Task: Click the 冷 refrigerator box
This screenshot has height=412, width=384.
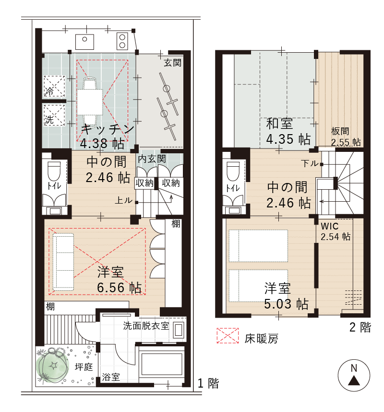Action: tap(54, 86)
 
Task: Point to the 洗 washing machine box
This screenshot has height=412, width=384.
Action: tap(54, 115)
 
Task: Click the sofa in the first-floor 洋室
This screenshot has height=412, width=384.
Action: tap(62, 262)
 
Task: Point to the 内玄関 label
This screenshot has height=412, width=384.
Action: tap(152, 159)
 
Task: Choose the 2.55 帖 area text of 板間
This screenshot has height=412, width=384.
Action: tap(346, 142)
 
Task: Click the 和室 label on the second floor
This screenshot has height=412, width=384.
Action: tap(280, 125)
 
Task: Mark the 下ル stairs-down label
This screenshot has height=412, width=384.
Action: tap(310, 163)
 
